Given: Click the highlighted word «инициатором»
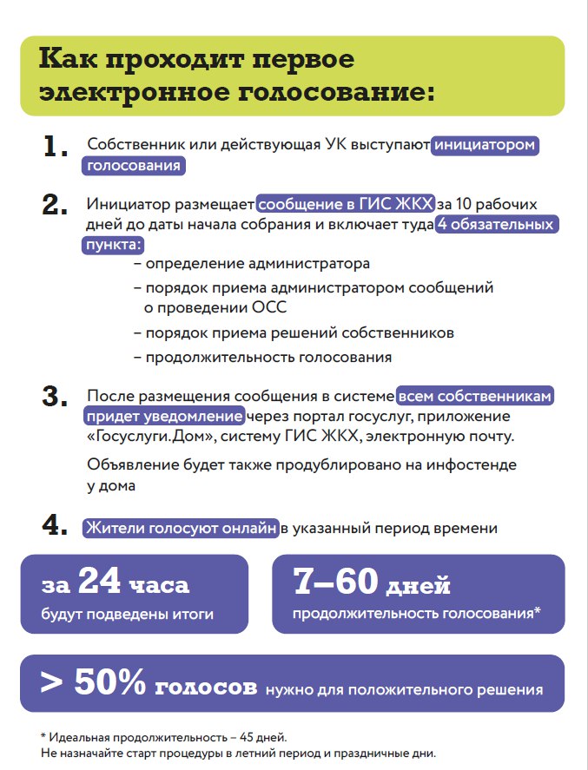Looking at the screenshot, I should click(x=486, y=145).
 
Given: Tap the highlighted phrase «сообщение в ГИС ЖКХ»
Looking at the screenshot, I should click(x=345, y=205).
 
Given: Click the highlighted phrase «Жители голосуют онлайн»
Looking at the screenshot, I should click(x=181, y=527).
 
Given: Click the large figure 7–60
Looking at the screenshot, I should click(x=337, y=583).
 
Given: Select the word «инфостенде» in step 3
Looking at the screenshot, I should click(x=471, y=465).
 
